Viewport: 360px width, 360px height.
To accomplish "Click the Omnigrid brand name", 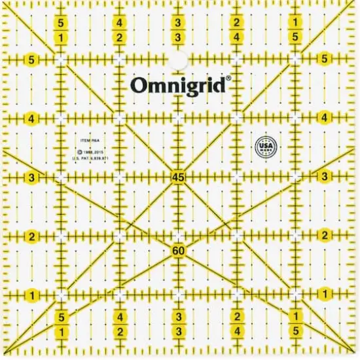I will point(179,86).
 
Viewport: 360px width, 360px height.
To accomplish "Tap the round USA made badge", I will point(264,145).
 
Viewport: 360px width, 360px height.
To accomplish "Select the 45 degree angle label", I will point(178,177).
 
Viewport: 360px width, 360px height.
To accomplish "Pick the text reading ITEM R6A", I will point(88,140).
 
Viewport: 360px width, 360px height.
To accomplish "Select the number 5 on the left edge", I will point(31,60).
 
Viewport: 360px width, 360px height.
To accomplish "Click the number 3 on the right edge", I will point(325,177).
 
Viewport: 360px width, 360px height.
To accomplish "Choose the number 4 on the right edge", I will point(325,118).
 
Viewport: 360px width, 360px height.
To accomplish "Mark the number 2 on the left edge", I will point(31,236).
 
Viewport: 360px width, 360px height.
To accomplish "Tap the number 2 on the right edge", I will point(325,235).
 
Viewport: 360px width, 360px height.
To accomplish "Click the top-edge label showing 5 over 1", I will point(60,30).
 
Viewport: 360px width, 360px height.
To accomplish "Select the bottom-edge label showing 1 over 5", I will point(295,325).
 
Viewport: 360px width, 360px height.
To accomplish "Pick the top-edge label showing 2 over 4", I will point(236,30).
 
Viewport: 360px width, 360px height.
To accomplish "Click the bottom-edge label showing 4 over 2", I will point(120,325).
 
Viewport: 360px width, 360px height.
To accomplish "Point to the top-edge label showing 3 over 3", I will point(178,30).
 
